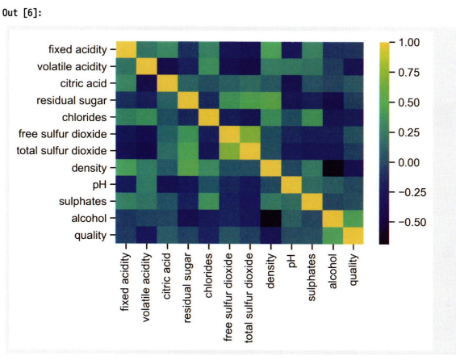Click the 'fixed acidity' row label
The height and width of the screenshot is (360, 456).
[x=77, y=50]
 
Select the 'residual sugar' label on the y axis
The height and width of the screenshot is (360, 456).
[x=72, y=101]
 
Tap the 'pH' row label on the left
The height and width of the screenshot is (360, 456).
[x=99, y=185]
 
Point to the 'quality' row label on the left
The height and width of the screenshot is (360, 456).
[x=90, y=236]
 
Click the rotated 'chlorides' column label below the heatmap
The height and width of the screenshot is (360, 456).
[x=208, y=275]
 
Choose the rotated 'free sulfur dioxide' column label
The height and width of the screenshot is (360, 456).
[x=228, y=297]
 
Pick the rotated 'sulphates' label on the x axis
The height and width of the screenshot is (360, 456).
[x=312, y=278]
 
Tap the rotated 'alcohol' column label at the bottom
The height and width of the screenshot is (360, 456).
[x=333, y=271]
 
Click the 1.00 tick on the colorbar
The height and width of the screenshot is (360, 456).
[x=409, y=43]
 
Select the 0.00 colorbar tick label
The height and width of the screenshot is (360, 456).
[x=408, y=162]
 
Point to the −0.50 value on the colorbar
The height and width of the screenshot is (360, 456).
[x=412, y=223]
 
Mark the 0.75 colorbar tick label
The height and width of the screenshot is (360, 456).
[x=408, y=73]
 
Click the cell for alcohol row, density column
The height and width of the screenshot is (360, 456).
[x=270, y=218]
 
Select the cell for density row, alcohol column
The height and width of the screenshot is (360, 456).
[x=333, y=168]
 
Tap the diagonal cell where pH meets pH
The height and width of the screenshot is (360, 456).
[x=291, y=185]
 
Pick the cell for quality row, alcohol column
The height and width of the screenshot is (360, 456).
[x=333, y=235]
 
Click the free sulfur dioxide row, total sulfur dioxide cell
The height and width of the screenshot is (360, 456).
[x=250, y=134]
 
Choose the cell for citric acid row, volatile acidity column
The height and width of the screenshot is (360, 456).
[x=147, y=83]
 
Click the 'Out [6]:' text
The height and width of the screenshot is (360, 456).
[x=22, y=13]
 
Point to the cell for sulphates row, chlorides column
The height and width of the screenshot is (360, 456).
[x=209, y=201]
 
